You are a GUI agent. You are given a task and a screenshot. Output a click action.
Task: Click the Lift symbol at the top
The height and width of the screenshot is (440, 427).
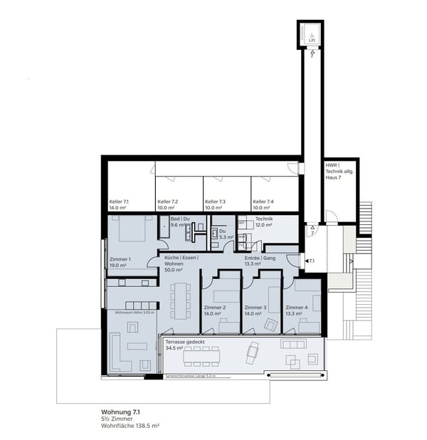[311, 33]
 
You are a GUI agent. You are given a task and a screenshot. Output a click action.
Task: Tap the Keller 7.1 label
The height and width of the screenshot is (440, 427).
[120, 205]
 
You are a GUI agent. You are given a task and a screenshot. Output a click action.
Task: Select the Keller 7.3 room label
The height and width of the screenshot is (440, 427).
[215, 205]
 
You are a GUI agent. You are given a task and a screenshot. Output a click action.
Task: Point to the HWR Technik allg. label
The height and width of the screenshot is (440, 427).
[339, 172]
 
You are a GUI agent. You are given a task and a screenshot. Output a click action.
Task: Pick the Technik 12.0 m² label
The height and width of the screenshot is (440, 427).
[264, 221]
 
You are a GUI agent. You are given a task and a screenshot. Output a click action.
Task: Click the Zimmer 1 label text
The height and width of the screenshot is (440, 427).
[120, 262]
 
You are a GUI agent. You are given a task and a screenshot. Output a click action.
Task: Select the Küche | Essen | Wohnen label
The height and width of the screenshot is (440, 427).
[179, 263]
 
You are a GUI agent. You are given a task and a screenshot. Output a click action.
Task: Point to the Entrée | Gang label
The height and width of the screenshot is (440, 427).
[261, 261]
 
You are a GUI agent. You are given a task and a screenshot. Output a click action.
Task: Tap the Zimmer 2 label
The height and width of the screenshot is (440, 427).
[215, 310]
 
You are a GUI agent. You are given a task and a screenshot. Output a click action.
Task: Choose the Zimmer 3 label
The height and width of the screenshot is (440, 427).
[255, 310]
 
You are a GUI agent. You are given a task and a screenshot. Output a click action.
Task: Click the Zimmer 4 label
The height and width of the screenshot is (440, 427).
[297, 310]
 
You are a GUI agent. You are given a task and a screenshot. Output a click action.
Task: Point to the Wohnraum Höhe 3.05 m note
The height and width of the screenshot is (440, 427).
[131, 312]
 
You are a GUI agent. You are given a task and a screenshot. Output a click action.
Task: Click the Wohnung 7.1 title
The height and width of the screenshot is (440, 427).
[121, 412]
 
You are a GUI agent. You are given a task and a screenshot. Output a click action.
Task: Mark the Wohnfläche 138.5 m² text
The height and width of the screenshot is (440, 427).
[130, 425]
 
